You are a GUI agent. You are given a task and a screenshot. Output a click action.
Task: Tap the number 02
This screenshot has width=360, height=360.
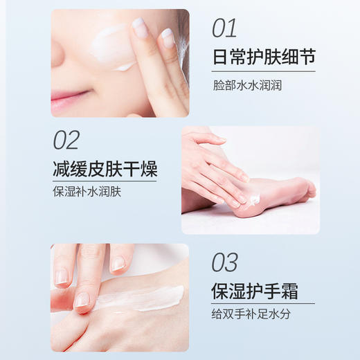click(x=66, y=140)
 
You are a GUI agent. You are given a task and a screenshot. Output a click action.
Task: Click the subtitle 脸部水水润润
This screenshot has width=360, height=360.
click(x=247, y=87)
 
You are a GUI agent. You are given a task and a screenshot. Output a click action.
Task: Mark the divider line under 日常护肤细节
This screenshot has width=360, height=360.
click(x=263, y=71)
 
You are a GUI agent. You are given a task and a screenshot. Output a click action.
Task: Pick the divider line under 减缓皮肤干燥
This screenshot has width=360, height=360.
click(x=105, y=181)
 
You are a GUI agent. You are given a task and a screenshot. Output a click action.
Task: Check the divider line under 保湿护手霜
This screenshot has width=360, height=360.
click(x=263, y=303)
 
